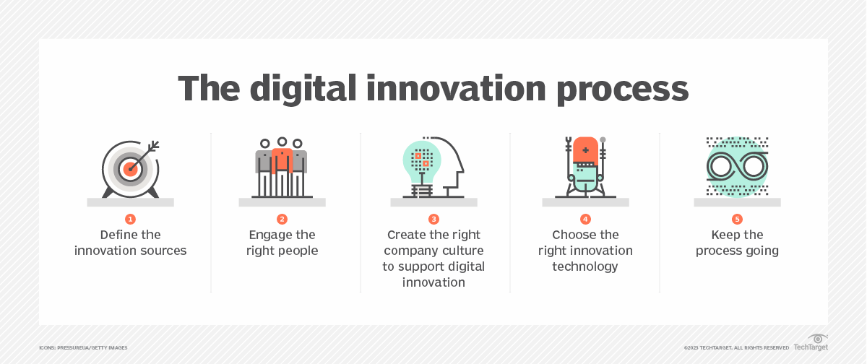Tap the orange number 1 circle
tap(130, 219)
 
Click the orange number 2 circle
tap(282, 219)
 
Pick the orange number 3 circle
tap(433, 219)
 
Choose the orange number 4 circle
tap(585, 219)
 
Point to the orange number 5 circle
tap(737, 219)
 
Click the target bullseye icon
tap(130, 168)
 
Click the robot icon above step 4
tap(585, 167)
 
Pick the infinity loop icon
tap(737, 167)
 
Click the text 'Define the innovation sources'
tap(130, 243)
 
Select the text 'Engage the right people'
tap(282, 243)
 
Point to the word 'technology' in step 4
tap(585, 266)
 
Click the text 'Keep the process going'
tap(737, 243)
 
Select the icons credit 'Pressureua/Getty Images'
tap(83, 348)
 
